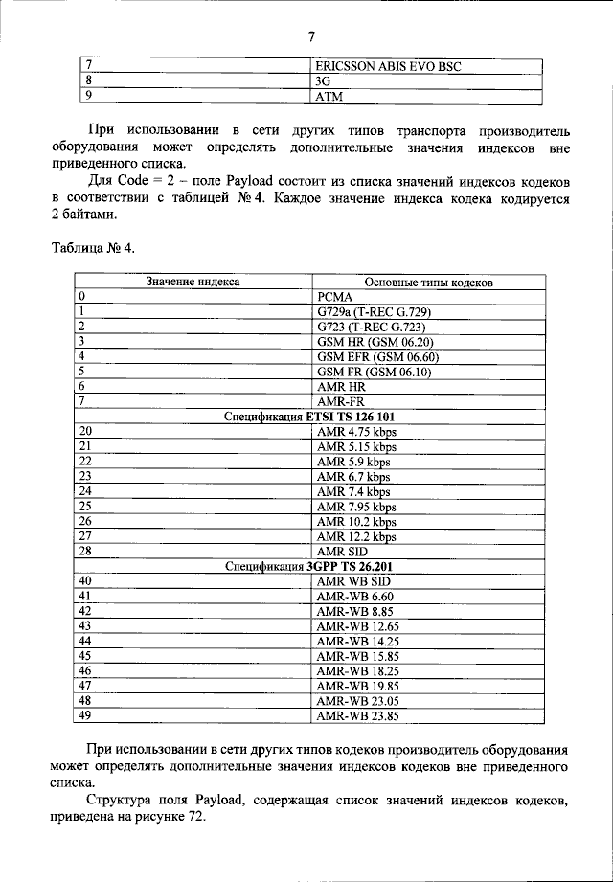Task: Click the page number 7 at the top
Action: click(x=311, y=37)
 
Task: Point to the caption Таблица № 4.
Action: click(x=93, y=249)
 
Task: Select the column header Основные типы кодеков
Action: click(x=428, y=283)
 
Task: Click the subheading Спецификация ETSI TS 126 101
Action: click(x=309, y=417)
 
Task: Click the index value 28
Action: click(x=85, y=552)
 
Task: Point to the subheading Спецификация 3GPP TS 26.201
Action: click(x=309, y=566)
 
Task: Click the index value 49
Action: click(x=85, y=714)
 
